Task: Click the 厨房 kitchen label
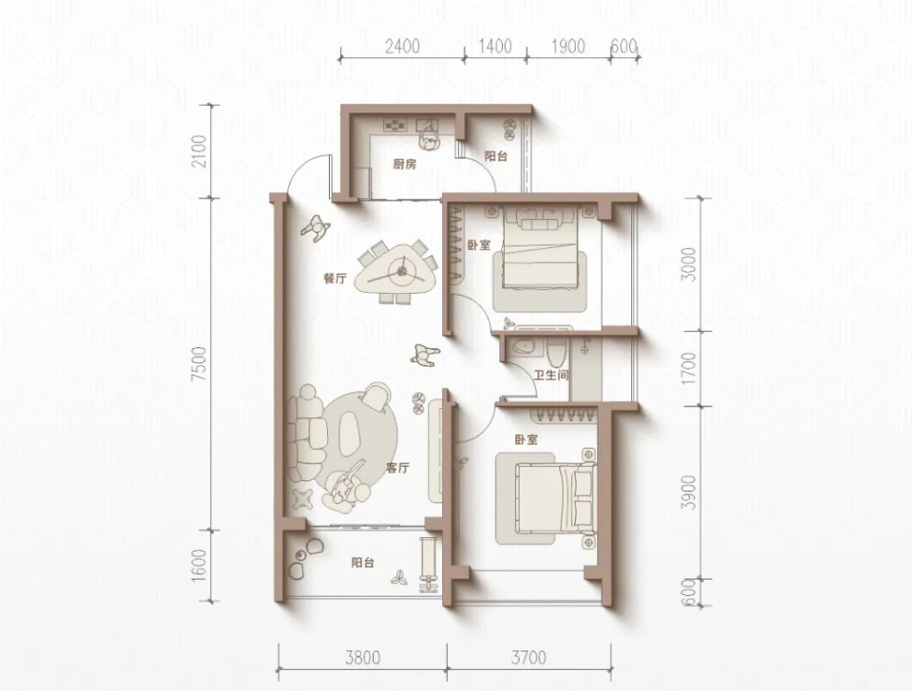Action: [404, 165]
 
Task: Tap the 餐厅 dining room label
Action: [334, 278]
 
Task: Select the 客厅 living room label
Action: [398, 468]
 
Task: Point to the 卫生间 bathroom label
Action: [551, 376]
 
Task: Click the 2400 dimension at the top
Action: [402, 46]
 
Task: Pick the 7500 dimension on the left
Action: [200, 364]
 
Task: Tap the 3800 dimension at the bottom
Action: [362, 658]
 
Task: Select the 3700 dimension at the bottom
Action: [529, 658]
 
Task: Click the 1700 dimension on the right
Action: [689, 369]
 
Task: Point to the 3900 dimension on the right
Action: [689, 493]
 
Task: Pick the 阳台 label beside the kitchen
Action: [497, 156]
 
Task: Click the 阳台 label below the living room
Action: [362, 563]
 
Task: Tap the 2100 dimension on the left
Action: [200, 151]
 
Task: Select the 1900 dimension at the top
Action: [568, 46]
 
